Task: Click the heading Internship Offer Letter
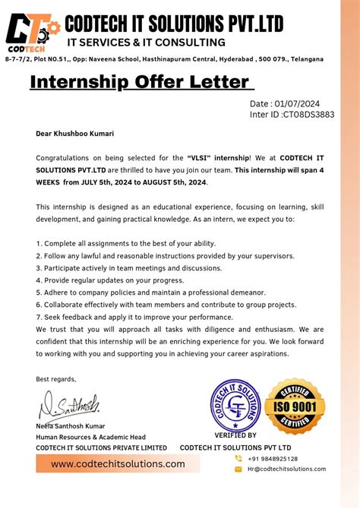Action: pyautogui.click(x=139, y=82)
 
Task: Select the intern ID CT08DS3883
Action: pyautogui.click(x=308, y=115)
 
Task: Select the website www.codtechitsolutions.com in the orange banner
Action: pyautogui.click(x=118, y=463)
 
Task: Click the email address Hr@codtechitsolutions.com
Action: pyautogui.click(x=286, y=469)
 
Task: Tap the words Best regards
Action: pyautogui.click(x=56, y=378)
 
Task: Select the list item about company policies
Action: pyautogui.click(x=150, y=292)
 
